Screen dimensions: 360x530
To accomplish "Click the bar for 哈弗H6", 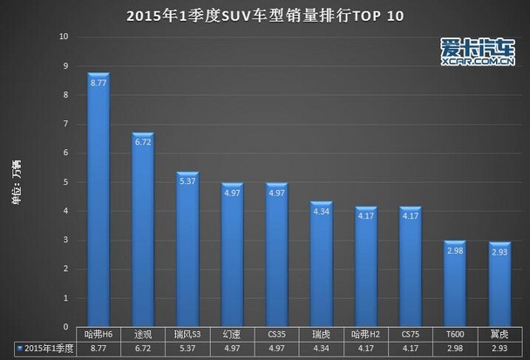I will pos(98,200).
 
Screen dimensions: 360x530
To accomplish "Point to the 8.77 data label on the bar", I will pos(98,86).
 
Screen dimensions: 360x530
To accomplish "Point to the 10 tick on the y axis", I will pos(64,37).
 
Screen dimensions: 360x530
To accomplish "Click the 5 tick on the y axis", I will pos(65,183).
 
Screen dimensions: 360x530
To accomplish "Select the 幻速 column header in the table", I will pos(232,335).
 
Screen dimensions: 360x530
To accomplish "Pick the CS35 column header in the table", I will pos(276,335).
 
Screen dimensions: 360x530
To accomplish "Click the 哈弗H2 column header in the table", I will pos(366,335).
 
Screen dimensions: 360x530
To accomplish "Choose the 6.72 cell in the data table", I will pos(143,349).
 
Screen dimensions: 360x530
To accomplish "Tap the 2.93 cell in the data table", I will pos(499,349).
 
